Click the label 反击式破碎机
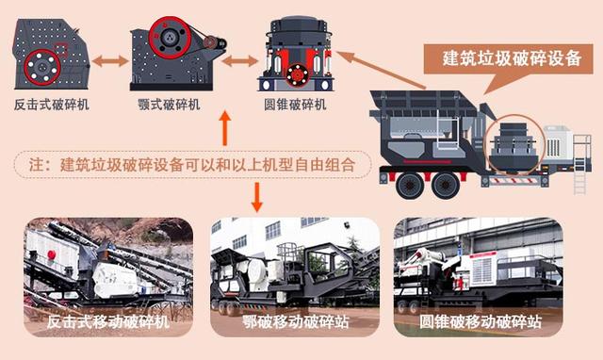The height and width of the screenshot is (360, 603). (x=52, y=105)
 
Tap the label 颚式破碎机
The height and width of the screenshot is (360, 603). (x=170, y=105)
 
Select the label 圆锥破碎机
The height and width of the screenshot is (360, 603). (x=295, y=105)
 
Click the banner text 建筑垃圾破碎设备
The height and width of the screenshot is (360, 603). (x=512, y=58)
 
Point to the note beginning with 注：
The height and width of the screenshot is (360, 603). (x=192, y=165)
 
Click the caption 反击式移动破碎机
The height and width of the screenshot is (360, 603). (x=108, y=321)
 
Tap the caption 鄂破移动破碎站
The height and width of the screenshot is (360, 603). (x=295, y=321)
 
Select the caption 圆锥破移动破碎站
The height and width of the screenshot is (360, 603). (x=481, y=321)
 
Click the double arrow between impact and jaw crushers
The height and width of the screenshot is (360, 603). (x=110, y=60)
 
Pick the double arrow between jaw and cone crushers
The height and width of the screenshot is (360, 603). (x=240, y=60)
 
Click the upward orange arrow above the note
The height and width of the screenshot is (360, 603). (x=225, y=128)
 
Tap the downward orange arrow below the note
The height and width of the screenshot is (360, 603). (x=257, y=197)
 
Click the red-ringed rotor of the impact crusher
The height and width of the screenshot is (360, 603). (x=42, y=67)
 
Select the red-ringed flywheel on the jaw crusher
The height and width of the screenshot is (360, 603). (x=170, y=38)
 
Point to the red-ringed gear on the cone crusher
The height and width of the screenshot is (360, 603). (x=297, y=75)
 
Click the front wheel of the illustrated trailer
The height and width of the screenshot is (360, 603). (x=410, y=186)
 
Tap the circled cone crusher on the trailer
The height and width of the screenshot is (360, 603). (x=514, y=143)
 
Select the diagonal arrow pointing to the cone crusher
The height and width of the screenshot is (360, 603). (x=381, y=70)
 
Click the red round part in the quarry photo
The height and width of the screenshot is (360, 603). (x=51, y=254)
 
